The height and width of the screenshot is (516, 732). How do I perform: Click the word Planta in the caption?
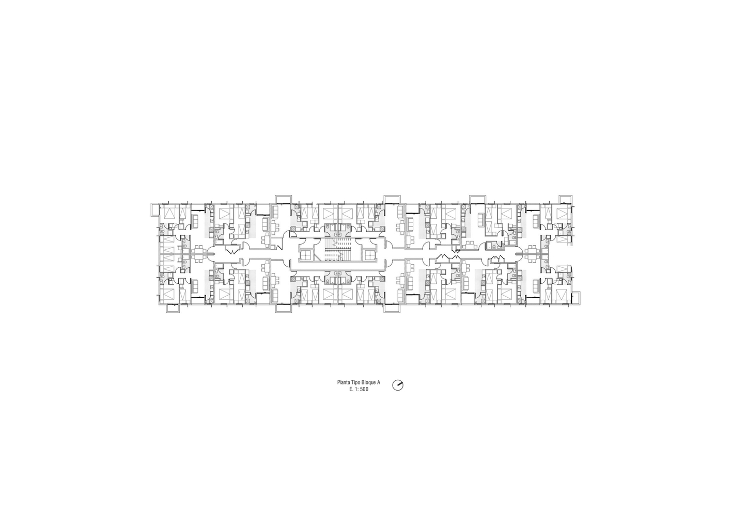[x=344, y=382]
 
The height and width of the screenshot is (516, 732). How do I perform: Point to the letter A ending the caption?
[x=379, y=382]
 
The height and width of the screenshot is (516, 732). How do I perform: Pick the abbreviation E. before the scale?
[x=351, y=389]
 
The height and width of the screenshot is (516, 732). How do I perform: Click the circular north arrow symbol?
[x=398, y=385]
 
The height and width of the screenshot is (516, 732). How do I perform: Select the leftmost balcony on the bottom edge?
[x=173, y=309]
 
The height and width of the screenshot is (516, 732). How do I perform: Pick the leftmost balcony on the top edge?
[x=283, y=199]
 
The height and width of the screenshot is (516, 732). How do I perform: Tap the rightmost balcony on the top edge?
[x=565, y=199]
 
